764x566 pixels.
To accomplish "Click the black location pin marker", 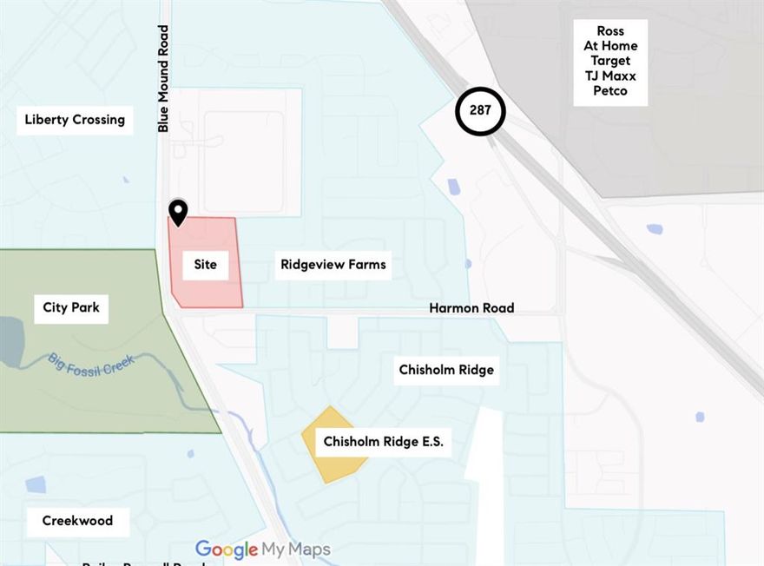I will tap(177, 211).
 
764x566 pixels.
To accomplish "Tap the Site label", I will tap(205, 264).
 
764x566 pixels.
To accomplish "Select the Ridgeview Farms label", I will tap(333, 264).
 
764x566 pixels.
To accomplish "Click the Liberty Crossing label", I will tap(75, 120).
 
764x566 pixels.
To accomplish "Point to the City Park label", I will tap(71, 307).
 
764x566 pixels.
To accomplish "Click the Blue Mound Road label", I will tap(163, 78).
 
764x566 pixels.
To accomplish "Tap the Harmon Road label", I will tap(471, 308).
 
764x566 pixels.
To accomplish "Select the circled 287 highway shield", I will tap(480, 111).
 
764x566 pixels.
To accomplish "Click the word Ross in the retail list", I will tap(610, 31).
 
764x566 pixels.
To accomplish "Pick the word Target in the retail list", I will tap(610, 61).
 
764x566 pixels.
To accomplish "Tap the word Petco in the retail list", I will tap(610, 90).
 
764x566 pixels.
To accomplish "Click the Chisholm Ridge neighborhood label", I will tap(446, 370).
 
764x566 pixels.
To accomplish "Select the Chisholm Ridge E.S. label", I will tap(383, 442).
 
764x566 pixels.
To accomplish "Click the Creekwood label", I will tap(77, 521).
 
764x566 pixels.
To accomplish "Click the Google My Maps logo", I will tap(262, 550).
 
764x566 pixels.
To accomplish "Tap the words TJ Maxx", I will tap(610, 76).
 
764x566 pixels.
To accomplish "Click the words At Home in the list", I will tap(610, 46).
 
